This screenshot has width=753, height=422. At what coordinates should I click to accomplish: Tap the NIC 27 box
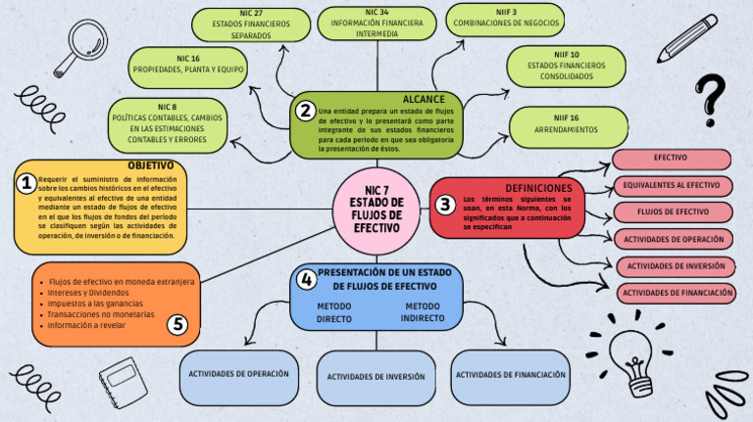[251, 23]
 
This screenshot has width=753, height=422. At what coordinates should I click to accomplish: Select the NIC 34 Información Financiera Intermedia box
[376, 23]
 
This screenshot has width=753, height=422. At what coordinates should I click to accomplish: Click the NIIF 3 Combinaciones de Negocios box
[505, 19]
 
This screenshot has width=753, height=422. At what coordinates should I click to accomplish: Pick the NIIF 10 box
[560, 66]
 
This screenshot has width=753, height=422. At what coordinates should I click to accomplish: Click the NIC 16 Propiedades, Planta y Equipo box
[188, 66]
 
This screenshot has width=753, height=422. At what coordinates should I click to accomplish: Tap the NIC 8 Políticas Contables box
[168, 123]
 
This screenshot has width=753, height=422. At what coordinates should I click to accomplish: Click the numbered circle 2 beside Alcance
[306, 111]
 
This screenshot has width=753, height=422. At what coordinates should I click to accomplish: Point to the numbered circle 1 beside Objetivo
[27, 182]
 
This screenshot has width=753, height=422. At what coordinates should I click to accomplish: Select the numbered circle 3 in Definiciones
[445, 205]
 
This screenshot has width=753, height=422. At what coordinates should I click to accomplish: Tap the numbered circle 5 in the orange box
[177, 325]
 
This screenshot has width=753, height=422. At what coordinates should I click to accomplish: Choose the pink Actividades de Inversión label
[676, 265]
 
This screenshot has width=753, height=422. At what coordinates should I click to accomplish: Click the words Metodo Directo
[334, 312]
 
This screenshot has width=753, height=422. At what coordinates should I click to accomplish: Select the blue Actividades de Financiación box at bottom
[511, 375]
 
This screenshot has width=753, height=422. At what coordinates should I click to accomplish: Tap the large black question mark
[710, 99]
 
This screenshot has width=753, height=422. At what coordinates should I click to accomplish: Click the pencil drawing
[687, 38]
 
